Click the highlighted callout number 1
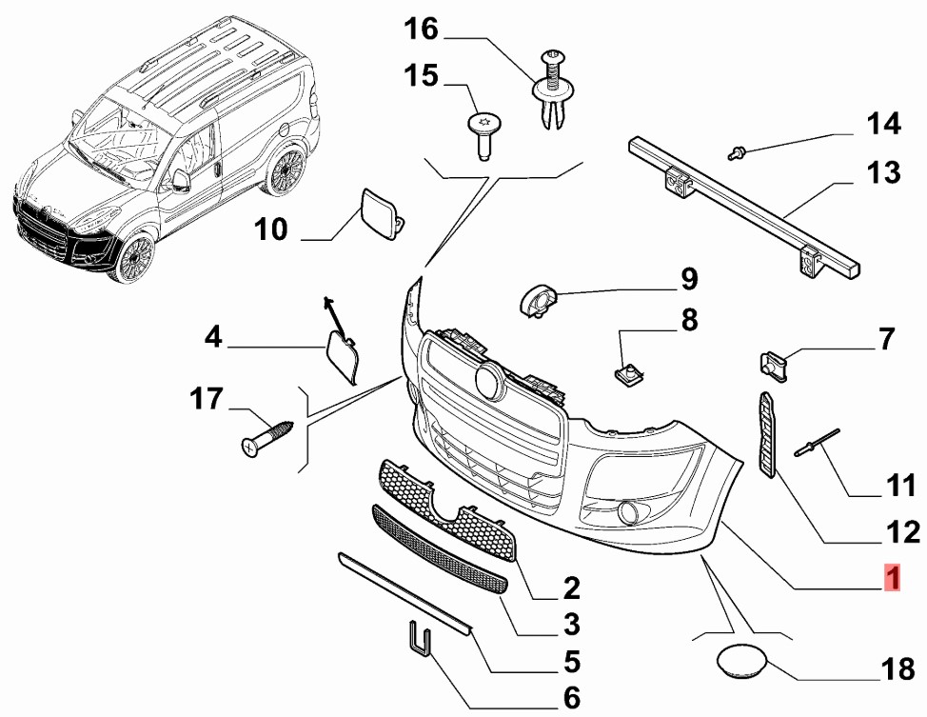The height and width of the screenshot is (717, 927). click(892, 578)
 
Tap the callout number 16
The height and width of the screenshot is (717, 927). click(421, 30)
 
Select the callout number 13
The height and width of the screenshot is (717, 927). click(882, 172)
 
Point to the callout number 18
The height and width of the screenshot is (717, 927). click(897, 669)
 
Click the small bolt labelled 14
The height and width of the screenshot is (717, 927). click(737, 149)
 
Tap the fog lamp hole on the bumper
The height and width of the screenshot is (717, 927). click(627, 514)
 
